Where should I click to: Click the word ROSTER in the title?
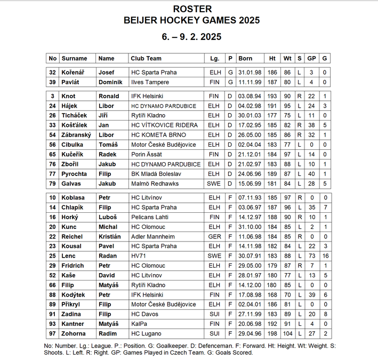(x=192, y=9)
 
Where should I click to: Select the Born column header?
(x=245, y=59)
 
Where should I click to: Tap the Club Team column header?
(x=146, y=59)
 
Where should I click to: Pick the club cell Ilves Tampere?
(x=150, y=82)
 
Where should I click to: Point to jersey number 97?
(x=52, y=334)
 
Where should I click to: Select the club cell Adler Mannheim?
(x=153, y=237)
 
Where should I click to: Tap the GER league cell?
(x=214, y=237)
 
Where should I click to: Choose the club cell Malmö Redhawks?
(x=155, y=183)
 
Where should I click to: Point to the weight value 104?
(x=287, y=334)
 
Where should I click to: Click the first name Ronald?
(x=109, y=96)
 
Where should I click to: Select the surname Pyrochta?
(x=75, y=174)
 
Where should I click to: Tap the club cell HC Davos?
(x=144, y=315)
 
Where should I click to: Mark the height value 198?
(x=272, y=334)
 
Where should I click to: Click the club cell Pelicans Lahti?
(x=150, y=218)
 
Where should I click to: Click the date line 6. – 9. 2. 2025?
(x=192, y=37)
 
